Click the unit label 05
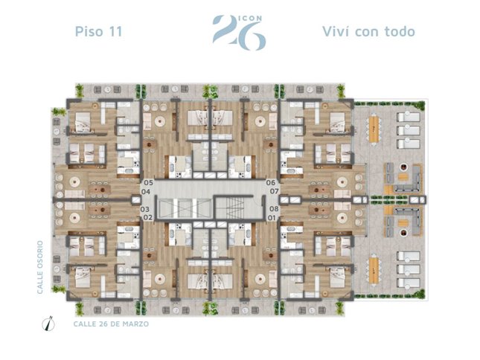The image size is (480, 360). [x=149, y=182]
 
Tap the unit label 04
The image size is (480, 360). [x=146, y=192]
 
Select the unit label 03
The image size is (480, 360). [x=145, y=209]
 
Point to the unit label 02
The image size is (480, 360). [x=148, y=217]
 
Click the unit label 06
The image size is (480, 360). [x=271, y=182]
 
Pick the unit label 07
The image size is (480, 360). [x=275, y=191]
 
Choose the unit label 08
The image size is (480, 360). [x=274, y=209]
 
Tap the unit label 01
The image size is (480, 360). [x=272, y=218]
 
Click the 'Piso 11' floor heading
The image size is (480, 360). [x=98, y=31]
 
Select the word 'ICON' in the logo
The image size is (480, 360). [x=250, y=18]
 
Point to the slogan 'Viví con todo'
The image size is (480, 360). [x=368, y=31]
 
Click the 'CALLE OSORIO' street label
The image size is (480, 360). [x=40, y=267]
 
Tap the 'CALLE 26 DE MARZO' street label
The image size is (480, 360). [x=111, y=324]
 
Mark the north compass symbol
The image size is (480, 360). [x=48, y=324]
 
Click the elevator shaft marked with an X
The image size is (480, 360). [x=185, y=208]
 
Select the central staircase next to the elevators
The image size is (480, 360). [x=234, y=208]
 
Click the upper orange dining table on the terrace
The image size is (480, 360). [x=374, y=128]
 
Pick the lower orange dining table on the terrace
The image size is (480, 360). [x=374, y=271]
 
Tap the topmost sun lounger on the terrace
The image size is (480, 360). [x=409, y=117]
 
